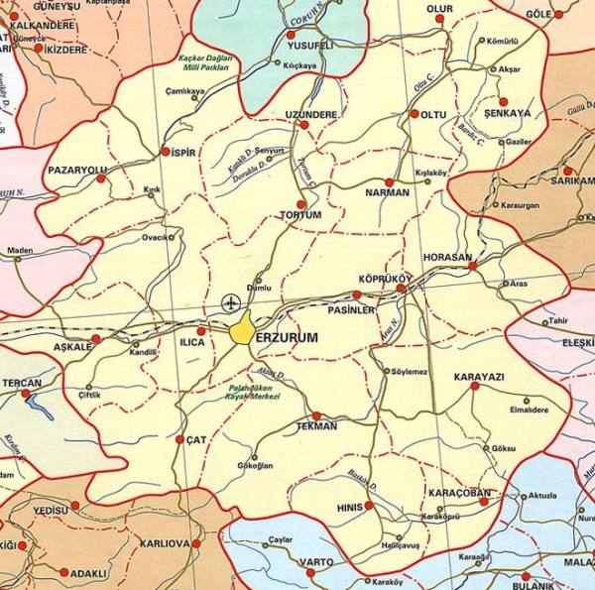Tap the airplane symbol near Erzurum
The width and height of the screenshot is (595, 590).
click(232, 301)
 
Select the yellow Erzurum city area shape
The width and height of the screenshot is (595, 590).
click(242, 330)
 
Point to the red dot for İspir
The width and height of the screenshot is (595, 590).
click(165, 152)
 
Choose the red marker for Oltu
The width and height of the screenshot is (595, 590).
click(414, 114)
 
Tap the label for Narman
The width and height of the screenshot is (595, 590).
click(388, 192)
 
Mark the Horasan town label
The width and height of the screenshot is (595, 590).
click(447, 257)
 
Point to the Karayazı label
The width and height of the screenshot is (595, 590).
click(479, 378)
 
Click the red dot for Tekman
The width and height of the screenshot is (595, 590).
click(316, 415)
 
